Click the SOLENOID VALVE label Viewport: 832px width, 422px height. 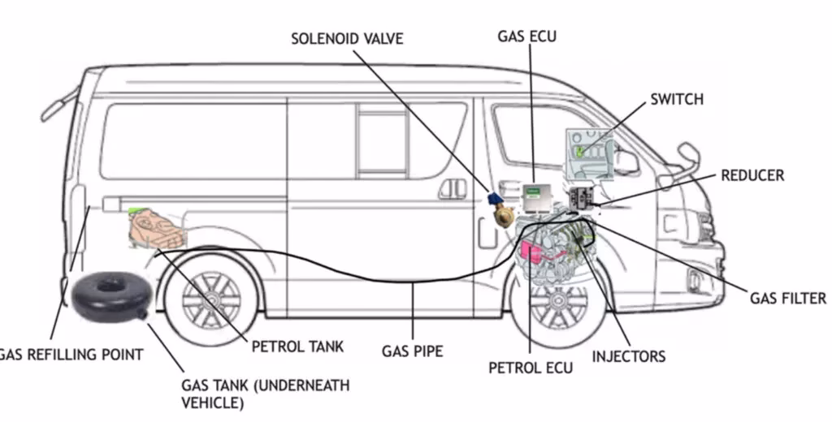click(x=346, y=38)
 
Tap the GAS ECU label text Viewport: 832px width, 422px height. click(x=526, y=36)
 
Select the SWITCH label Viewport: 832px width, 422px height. click(x=676, y=100)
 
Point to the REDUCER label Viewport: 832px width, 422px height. click(x=752, y=175)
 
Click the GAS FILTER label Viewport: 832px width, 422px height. click(x=787, y=299)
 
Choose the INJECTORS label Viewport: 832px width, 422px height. click(x=628, y=356)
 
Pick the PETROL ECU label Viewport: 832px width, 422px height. click(x=530, y=368)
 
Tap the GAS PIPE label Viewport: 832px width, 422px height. click(x=412, y=351)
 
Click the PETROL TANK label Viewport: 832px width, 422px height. click(x=297, y=347)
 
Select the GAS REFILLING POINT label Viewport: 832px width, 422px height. click(x=71, y=355)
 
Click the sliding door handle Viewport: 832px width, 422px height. click(x=452, y=188)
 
